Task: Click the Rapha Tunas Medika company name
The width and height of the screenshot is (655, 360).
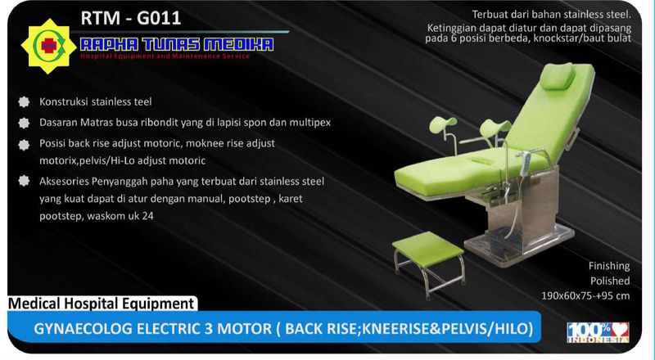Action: [x=175, y=43]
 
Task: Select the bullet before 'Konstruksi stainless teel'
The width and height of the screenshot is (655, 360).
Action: [x=21, y=102]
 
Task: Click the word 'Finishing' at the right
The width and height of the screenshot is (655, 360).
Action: [x=609, y=266]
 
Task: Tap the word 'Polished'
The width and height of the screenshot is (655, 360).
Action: [x=611, y=281]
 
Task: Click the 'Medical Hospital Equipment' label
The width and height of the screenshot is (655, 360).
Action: [x=101, y=304]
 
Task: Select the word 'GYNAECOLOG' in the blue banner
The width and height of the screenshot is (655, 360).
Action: [x=82, y=329]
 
